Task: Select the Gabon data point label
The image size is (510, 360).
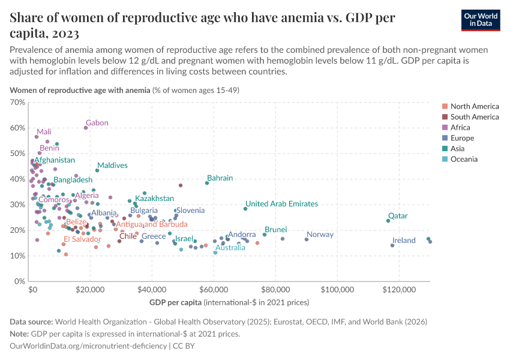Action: [97, 123]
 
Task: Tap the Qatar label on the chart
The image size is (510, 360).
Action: [398, 216]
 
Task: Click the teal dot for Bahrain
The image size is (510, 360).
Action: [207, 183]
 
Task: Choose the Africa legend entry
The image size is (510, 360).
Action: [460, 128]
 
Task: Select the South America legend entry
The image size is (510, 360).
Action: [474, 117]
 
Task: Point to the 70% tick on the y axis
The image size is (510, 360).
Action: [18, 103]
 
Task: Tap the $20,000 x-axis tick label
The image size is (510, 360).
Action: [91, 289]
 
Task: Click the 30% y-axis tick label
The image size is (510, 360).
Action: [18, 205]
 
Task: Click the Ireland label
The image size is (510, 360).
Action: [404, 241]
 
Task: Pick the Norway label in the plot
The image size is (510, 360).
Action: [320, 235]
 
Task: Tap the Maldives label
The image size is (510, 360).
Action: [112, 166]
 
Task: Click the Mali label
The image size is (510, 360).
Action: [44, 132]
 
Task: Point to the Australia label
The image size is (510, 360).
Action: [230, 247]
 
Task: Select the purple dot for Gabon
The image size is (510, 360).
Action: [86, 128]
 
